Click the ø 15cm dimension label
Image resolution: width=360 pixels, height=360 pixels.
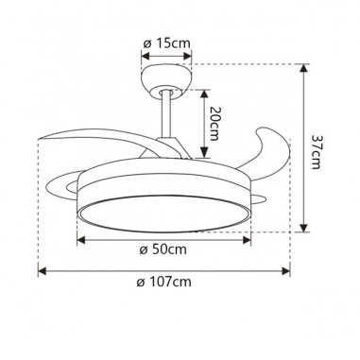(168, 44)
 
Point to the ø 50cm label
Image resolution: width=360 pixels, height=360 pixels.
(161, 249)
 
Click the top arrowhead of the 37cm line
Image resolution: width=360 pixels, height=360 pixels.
(303, 68)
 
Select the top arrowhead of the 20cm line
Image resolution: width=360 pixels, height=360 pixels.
(202, 90)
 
